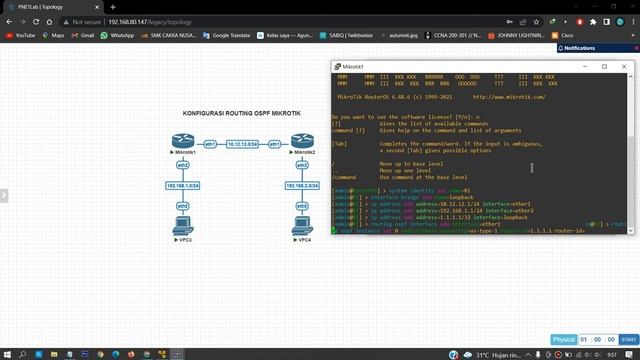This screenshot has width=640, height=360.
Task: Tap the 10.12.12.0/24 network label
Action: (x=242, y=145)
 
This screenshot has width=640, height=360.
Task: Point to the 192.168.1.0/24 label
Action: (x=183, y=186)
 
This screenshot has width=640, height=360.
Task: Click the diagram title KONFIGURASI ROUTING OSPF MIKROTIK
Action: (x=241, y=114)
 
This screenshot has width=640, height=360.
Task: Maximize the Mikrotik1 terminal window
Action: (x=605, y=67)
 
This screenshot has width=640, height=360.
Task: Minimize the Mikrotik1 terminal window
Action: (x=585, y=67)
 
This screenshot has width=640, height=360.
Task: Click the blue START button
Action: (x=628, y=340)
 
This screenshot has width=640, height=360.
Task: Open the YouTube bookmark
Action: (x=21, y=35)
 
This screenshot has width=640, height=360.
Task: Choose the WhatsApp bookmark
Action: (x=118, y=35)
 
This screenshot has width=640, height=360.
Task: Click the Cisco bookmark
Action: (x=563, y=35)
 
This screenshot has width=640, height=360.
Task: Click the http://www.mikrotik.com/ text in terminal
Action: (x=508, y=97)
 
